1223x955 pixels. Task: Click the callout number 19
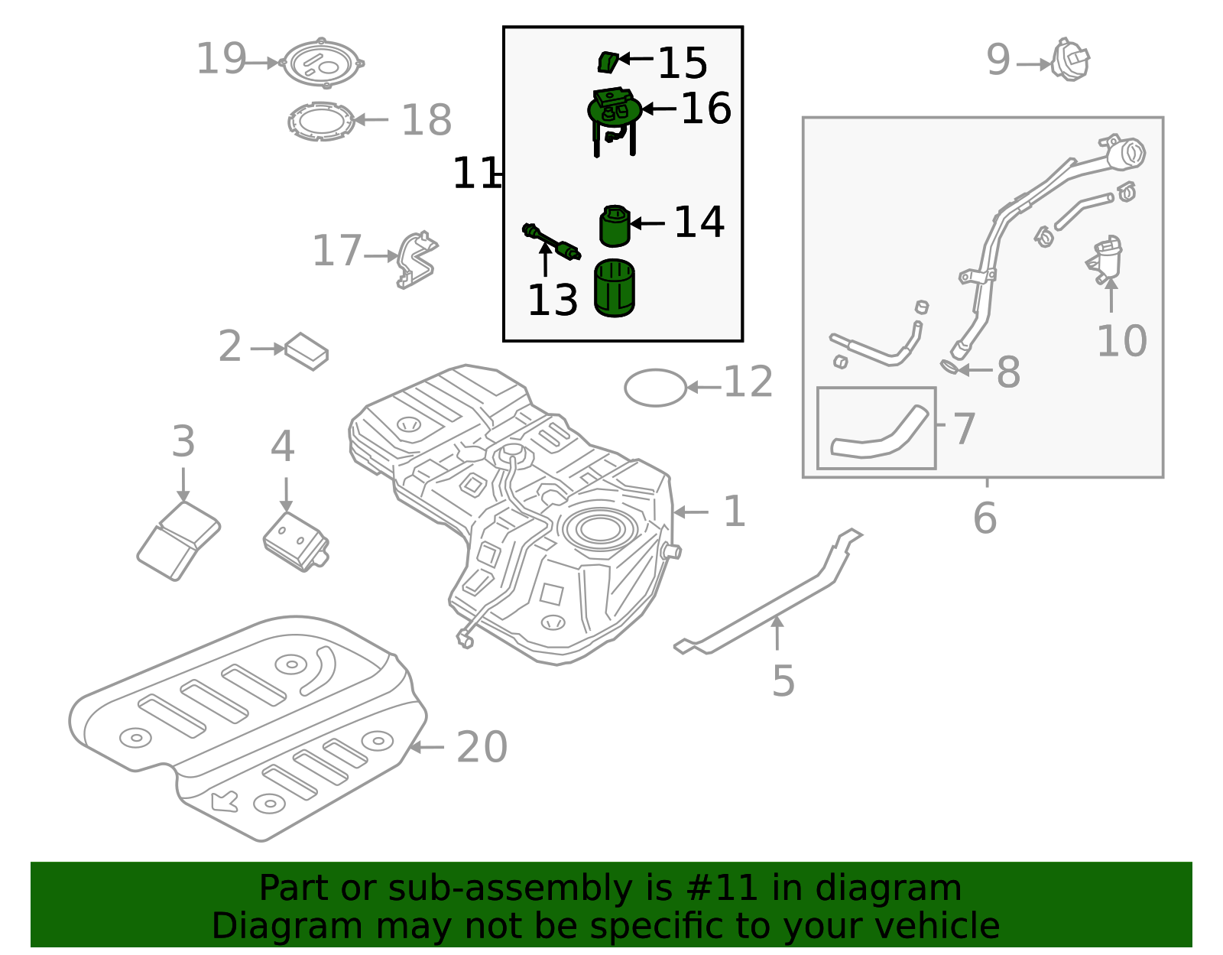221,60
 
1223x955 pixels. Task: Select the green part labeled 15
607,62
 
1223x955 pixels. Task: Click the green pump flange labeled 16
615,110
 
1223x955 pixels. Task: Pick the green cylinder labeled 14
615,226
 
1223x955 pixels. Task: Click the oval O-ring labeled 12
655,388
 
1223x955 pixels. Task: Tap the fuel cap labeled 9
1070,60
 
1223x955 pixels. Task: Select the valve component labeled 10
1105,259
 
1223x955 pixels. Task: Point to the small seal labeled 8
949,368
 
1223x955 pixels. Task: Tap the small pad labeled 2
307,351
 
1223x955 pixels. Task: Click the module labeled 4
296,541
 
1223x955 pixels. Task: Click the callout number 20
482,747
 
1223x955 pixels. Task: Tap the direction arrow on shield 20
225,801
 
